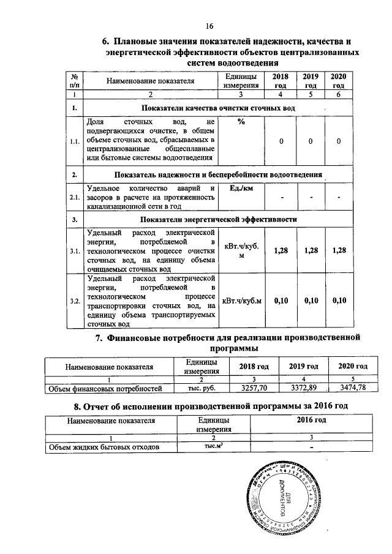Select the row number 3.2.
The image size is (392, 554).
pos(75,300)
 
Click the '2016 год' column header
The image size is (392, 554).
pos(311,421)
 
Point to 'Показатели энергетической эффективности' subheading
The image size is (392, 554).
pos(219,219)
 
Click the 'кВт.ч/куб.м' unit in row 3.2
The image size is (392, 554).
pos(241,300)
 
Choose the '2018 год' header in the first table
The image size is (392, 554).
pos(280,81)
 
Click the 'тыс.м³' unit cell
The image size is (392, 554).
pos(213,447)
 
